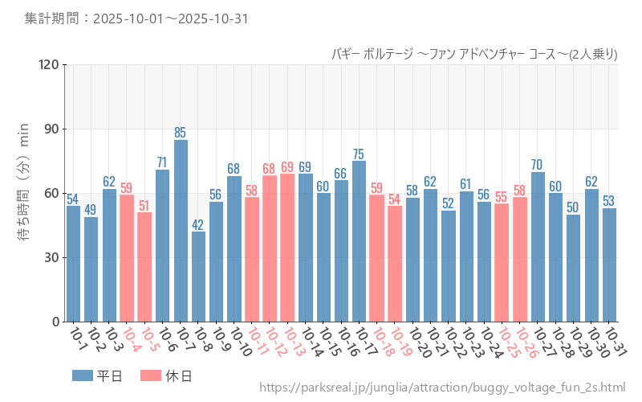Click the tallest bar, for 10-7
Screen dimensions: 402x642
[x=181, y=231]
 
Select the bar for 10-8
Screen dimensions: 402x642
[x=198, y=277]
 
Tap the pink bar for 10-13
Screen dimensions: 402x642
[x=287, y=248]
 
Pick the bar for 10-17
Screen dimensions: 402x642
[x=359, y=241]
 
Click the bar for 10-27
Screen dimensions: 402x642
[x=538, y=247]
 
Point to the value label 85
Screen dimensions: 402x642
[x=181, y=133]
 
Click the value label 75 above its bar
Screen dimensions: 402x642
[x=359, y=154]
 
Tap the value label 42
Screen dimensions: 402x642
[x=198, y=224]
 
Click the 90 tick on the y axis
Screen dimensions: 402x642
[x=52, y=129]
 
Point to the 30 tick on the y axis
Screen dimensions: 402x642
[x=52, y=258]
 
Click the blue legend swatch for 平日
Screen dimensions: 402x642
[x=83, y=375]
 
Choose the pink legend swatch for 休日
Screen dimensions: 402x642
[x=151, y=375]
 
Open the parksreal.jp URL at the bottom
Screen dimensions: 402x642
[x=442, y=388]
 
